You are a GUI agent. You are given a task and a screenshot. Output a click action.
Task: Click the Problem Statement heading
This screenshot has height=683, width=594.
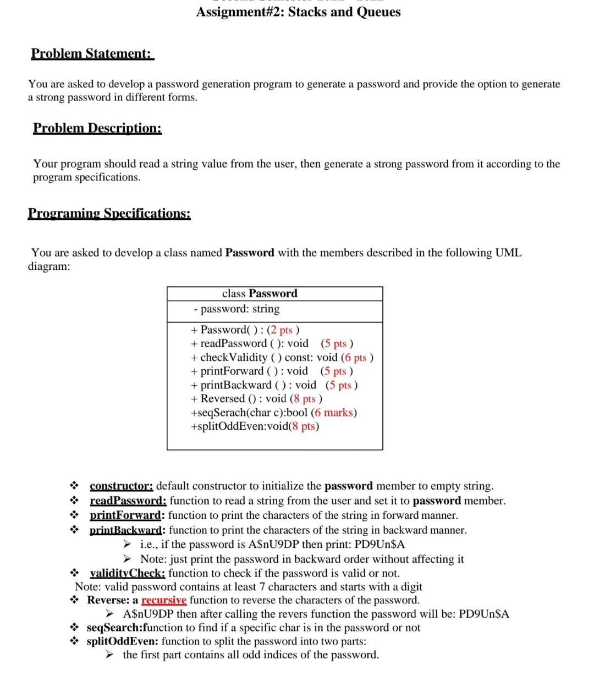[x=92, y=54]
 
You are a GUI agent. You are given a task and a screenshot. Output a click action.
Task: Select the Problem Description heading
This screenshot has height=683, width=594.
[x=97, y=128]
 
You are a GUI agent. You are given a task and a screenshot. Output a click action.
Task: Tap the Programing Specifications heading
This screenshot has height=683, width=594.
[x=109, y=213]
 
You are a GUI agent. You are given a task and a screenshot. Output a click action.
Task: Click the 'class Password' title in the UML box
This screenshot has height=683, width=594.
[x=260, y=293]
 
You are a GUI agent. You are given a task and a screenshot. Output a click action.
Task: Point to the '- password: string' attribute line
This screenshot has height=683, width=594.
[x=237, y=309]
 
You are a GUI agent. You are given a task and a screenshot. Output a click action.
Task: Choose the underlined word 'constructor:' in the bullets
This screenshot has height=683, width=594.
[x=122, y=486]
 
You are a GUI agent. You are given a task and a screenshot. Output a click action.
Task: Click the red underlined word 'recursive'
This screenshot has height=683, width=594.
[x=164, y=600]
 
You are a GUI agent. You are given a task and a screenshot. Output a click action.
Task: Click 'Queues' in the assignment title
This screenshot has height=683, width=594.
[x=378, y=12]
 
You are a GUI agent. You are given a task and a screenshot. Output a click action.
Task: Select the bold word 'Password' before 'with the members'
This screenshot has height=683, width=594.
[x=250, y=253]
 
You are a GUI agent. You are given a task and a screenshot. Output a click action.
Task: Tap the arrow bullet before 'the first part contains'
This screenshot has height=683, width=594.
[x=111, y=655]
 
